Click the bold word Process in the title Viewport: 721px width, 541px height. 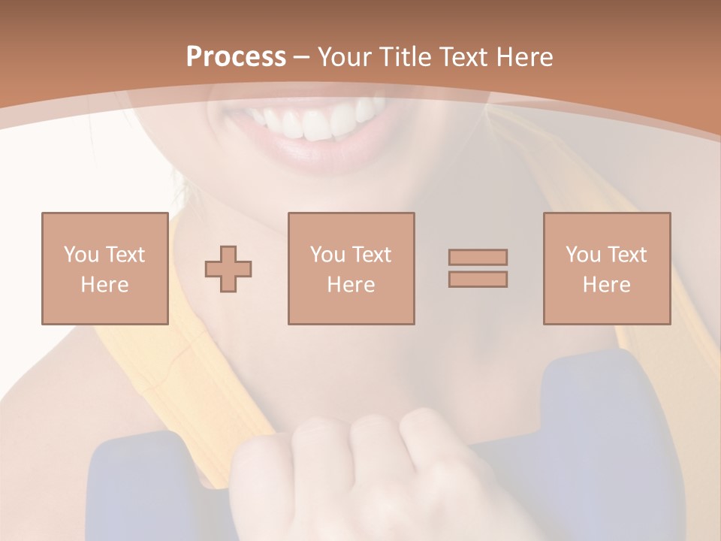[x=236, y=57]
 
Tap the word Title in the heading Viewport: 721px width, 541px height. [x=405, y=57]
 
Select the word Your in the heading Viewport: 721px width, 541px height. [x=345, y=57]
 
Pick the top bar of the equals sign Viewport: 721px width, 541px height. [x=478, y=257]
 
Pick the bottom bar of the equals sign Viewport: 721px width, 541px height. [x=478, y=280]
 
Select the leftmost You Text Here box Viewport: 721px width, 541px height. [x=104, y=268]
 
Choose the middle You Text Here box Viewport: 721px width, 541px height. [x=351, y=268]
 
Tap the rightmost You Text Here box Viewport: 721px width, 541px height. [x=607, y=268]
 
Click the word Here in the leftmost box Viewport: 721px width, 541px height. [x=104, y=285]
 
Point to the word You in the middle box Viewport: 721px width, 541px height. [x=327, y=255]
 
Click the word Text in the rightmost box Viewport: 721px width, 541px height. [x=628, y=255]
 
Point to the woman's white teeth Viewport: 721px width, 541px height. [x=315, y=120]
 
